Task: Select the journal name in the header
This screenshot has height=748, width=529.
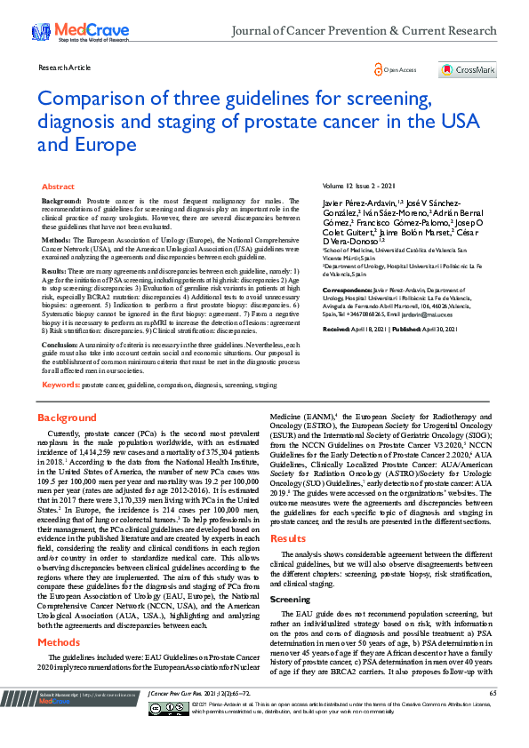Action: coord(363,31)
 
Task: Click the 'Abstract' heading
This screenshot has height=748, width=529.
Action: coord(59,187)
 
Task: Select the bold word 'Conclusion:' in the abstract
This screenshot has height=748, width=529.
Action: coord(60,344)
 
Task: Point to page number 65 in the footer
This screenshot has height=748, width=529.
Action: coord(492,717)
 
